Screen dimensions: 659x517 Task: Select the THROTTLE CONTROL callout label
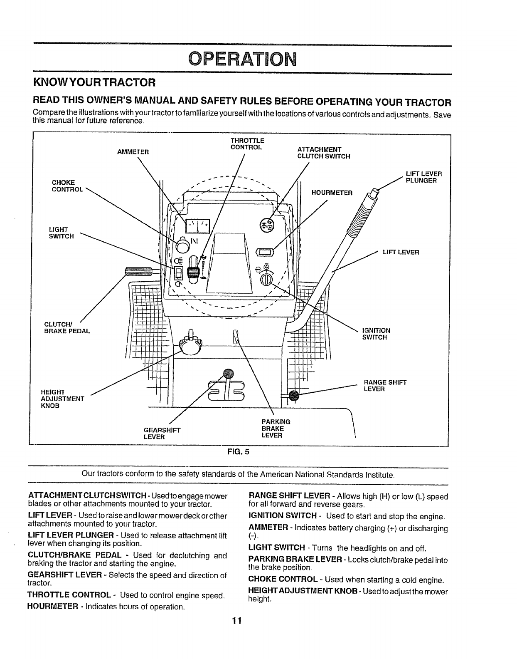(247, 144)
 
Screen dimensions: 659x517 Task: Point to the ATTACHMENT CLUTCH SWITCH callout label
(324, 153)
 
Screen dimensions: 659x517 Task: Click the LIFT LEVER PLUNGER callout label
(423, 177)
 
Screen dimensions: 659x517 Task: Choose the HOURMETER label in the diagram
(332, 193)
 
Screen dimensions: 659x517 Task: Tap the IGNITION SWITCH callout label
(376, 334)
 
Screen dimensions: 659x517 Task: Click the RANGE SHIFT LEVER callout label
(385, 386)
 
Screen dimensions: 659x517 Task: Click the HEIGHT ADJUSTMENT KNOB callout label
(62, 399)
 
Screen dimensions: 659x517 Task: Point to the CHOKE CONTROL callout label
(67, 186)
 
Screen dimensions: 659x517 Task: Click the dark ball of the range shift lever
(294, 396)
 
